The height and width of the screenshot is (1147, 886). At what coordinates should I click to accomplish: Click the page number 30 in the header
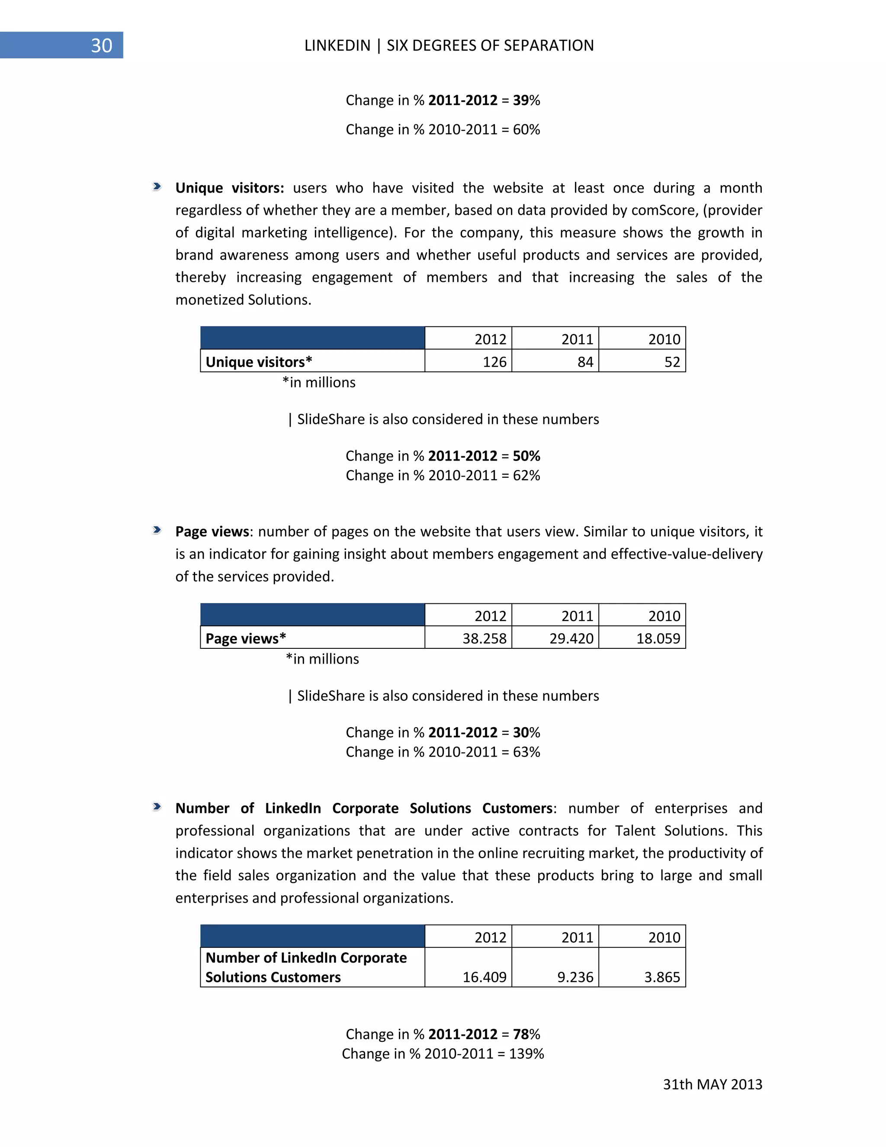tap(101, 46)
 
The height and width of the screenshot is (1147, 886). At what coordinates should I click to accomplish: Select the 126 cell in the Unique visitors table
tap(494, 362)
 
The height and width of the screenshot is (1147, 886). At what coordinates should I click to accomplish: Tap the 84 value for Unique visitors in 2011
tap(585, 362)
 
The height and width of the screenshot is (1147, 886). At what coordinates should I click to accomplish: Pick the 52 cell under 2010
tap(671, 362)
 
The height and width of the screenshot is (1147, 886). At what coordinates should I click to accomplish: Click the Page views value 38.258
tap(484, 638)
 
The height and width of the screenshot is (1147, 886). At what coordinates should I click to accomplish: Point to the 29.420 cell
tap(571, 638)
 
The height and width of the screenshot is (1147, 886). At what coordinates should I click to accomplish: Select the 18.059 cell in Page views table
tap(658, 638)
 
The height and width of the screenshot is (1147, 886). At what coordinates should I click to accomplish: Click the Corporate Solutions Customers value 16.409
tap(484, 977)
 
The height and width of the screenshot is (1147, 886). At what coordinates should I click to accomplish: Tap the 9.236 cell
tap(575, 977)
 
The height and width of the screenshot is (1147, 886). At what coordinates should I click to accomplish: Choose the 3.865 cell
tap(662, 977)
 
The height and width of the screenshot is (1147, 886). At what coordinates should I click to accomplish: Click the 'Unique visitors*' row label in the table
tap(259, 362)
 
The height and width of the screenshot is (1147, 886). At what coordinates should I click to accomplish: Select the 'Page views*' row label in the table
tap(246, 638)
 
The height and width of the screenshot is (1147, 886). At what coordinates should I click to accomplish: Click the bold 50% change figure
tap(526, 456)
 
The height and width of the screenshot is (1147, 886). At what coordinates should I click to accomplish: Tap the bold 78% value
tap(526, 1034)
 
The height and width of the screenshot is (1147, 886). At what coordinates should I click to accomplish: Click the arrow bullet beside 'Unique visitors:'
tap(157, 187)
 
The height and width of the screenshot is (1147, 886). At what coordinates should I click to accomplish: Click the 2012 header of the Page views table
tap(490, 615)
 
